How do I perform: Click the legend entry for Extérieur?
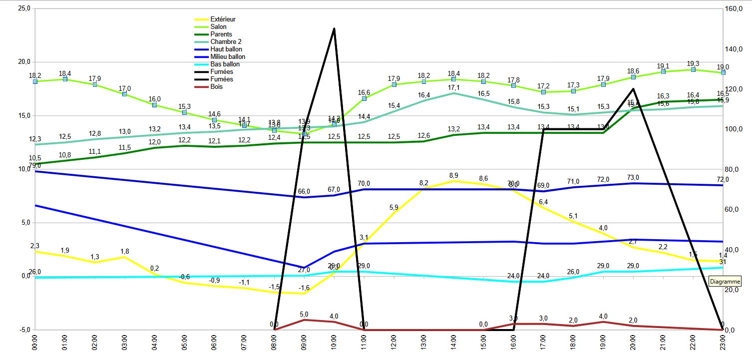(x=223, y=19)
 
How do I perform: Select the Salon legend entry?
(x=218, y=27)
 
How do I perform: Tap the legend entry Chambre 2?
(x=226, y=42)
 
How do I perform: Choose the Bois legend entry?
(x=217, y=87)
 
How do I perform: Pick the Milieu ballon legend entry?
(x=228, y=57)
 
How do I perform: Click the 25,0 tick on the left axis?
(x=24, y=8)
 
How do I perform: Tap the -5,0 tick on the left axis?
(x=24, y=330)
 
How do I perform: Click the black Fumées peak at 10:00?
(x=334, y=29)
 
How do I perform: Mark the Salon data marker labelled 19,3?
(x=693, y=70)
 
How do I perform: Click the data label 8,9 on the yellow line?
(x=453, y=175)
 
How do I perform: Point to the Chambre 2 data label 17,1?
(x=453, y=87)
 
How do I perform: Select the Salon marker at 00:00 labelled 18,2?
(x=35, y=81)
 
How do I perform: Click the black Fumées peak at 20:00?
(x=633, y=89)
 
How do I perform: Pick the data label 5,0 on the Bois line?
(x=304, y=314)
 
